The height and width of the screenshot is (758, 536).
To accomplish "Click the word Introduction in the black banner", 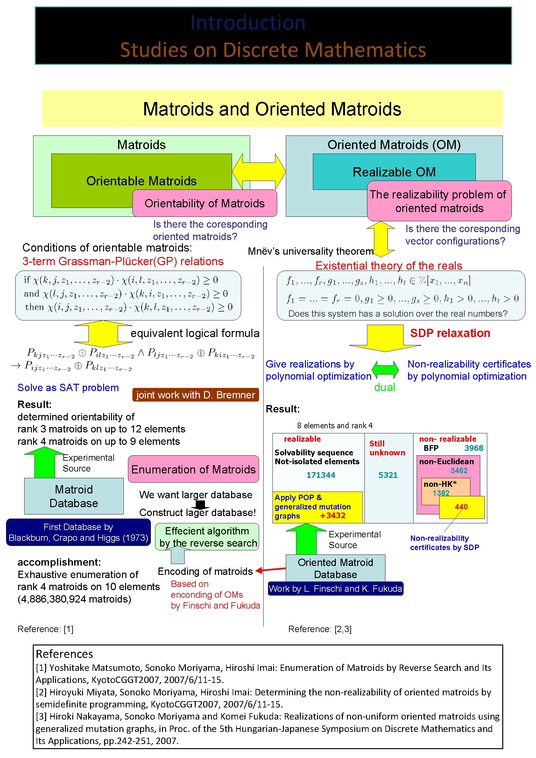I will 248,23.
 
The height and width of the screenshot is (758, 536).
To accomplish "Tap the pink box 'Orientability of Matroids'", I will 205,203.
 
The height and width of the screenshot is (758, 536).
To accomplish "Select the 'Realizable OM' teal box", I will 394,172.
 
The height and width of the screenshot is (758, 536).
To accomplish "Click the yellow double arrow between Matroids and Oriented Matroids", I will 259,172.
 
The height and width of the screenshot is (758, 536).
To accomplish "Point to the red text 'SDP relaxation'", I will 450,333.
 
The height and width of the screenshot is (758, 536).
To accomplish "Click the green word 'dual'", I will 384,387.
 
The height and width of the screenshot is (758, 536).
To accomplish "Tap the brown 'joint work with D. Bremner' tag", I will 195,395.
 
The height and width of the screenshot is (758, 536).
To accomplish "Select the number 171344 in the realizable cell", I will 321,475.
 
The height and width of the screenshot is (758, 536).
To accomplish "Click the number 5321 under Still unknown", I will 388,475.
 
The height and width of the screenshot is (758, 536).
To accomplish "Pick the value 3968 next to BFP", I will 474,448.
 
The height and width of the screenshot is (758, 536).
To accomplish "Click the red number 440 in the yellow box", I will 461,507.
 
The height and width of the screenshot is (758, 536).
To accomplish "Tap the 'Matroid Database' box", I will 74,496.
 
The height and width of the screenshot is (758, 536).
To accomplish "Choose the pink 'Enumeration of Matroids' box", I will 193,469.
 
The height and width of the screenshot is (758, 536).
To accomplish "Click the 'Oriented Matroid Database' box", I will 335,568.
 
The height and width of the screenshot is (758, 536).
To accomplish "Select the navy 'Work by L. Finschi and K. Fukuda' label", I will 335,589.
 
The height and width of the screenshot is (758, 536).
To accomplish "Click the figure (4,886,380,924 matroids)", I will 74,599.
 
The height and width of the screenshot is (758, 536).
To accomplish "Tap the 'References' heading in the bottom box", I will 64,654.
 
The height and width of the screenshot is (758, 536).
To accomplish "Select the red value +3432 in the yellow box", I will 332,516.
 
